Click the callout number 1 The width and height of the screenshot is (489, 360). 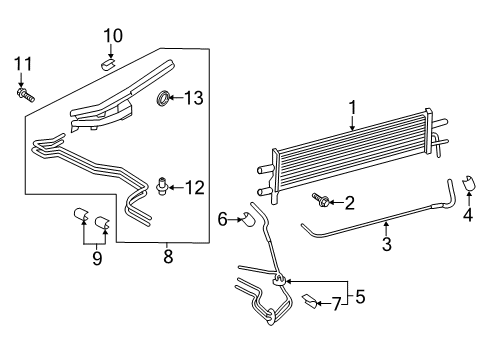(351, 107)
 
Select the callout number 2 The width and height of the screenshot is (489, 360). (349, 204)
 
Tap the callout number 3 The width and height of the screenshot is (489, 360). (386, 243)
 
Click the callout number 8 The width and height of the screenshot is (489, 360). (168, 258)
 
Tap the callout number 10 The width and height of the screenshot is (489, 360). (112, 36)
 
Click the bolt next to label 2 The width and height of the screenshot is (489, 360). (321, 201)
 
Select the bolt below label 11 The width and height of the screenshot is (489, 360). (23, 95)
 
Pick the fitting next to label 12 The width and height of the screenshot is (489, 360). (162, 184)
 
